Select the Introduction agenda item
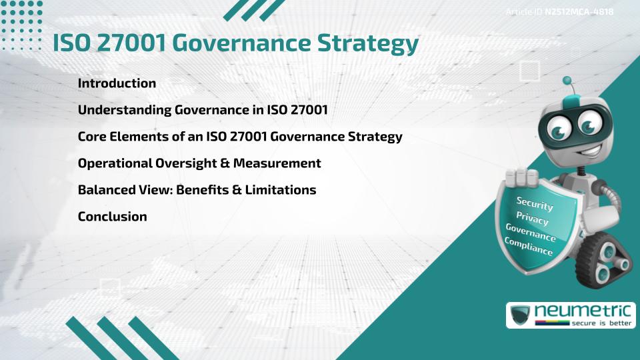pyautogui.click(x=117, y=83)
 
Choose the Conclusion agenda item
pyautogui.click(x=112, y=217)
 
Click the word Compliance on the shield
pyautogui.click(x=528, y=247)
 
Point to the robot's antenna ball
pyautogui.click(x=567, y=81)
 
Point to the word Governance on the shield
pyautogui.click(x=530, y=232)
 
